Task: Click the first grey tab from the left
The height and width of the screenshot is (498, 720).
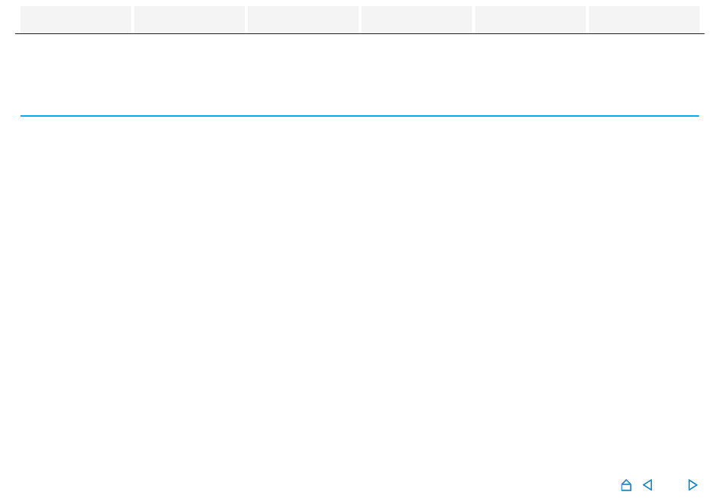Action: coord(76,19)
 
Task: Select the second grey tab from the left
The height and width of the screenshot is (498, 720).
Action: coord(189,19)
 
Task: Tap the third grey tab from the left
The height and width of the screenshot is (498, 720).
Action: coord(303,19)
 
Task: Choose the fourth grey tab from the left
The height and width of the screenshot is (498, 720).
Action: coord(417,19)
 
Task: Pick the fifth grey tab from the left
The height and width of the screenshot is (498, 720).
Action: coord(531,19)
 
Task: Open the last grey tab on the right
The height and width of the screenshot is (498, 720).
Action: coord(644,19)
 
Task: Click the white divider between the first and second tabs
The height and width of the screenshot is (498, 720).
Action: coord(133,19)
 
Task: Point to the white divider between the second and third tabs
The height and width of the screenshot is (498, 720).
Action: coord(246,19)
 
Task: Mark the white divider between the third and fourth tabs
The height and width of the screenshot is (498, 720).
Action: coord(360,19)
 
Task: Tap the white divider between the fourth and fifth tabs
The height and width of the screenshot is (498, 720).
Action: coord(474,19)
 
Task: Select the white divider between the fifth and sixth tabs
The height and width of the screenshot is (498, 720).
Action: coord(587,19)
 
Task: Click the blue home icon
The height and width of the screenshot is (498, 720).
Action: coord(626,485)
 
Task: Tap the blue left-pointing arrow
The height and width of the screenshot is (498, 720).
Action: coord(647,485)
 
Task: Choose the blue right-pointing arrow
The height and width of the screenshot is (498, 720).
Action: coord(692,485)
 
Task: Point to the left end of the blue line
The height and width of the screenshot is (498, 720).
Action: coord(21,116)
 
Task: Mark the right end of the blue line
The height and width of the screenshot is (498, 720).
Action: coord(697,116)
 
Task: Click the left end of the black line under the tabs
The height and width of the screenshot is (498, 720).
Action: coord(16,33)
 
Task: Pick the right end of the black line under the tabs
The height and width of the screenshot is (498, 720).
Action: coord(703,33)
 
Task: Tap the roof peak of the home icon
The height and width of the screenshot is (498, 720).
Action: coord(626,480)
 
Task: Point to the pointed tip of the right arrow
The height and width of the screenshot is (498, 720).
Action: coord(697,485)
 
